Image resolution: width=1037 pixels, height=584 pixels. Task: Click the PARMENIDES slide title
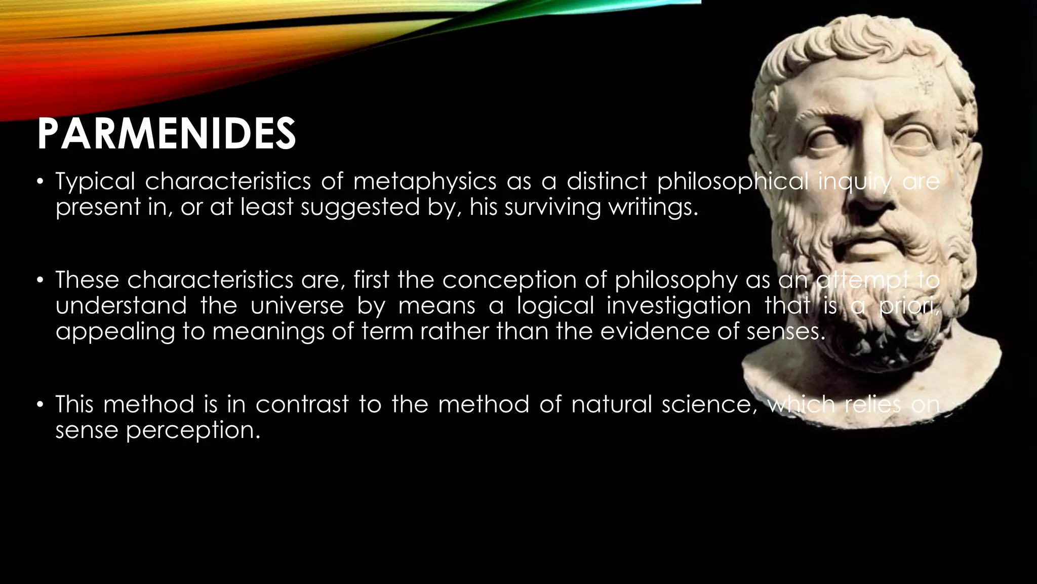pos(166,134)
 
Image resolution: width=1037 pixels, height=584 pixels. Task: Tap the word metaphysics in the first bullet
pos(425,181)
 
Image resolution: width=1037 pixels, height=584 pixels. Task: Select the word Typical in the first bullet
pos(95,181)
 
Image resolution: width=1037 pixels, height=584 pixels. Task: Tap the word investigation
pos(679,306)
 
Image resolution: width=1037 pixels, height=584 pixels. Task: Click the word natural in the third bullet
pos(612,405)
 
